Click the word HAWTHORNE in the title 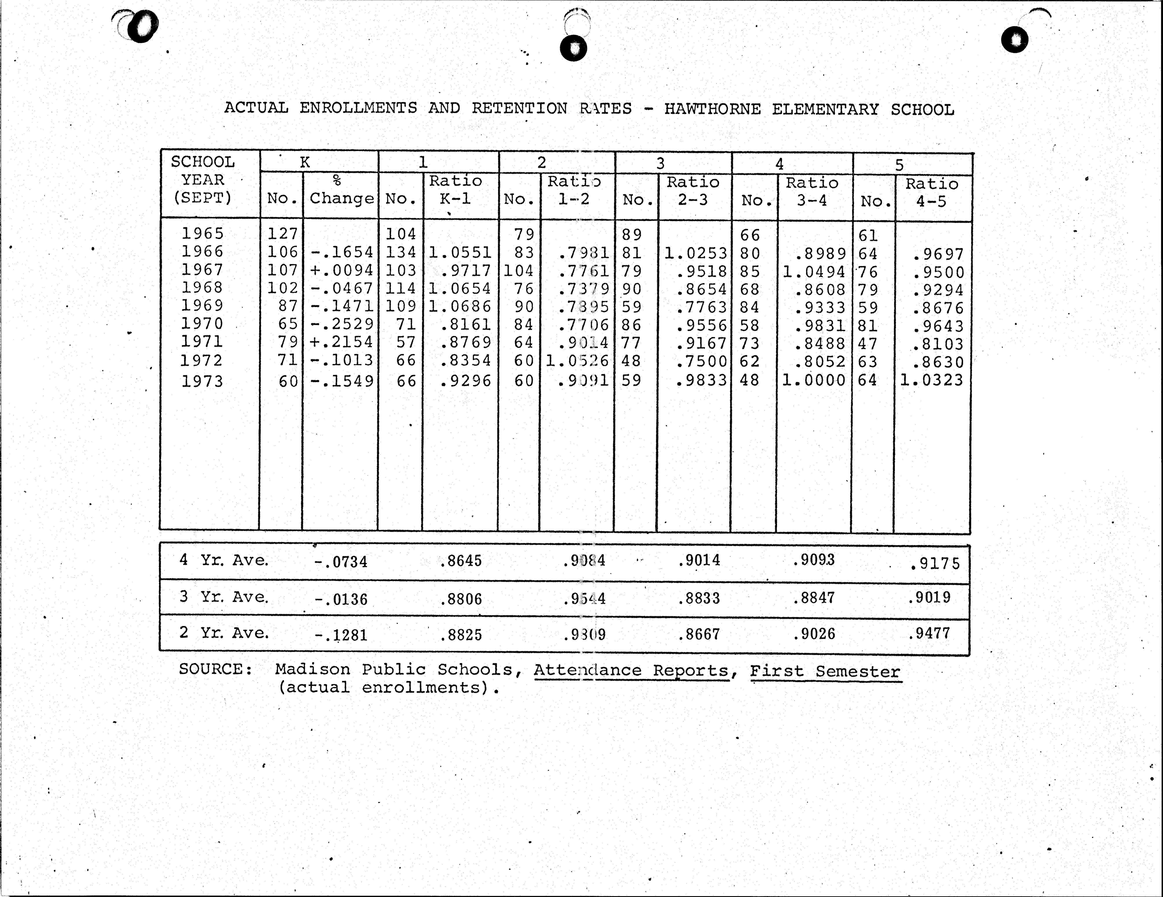pos(712,109)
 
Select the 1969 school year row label pos(202,306)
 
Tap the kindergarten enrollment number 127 pos(282,234)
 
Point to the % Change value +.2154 pos(341,342)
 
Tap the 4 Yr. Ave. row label pos(224,560)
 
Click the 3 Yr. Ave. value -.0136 pos(341,599)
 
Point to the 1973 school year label pos(202,381)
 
